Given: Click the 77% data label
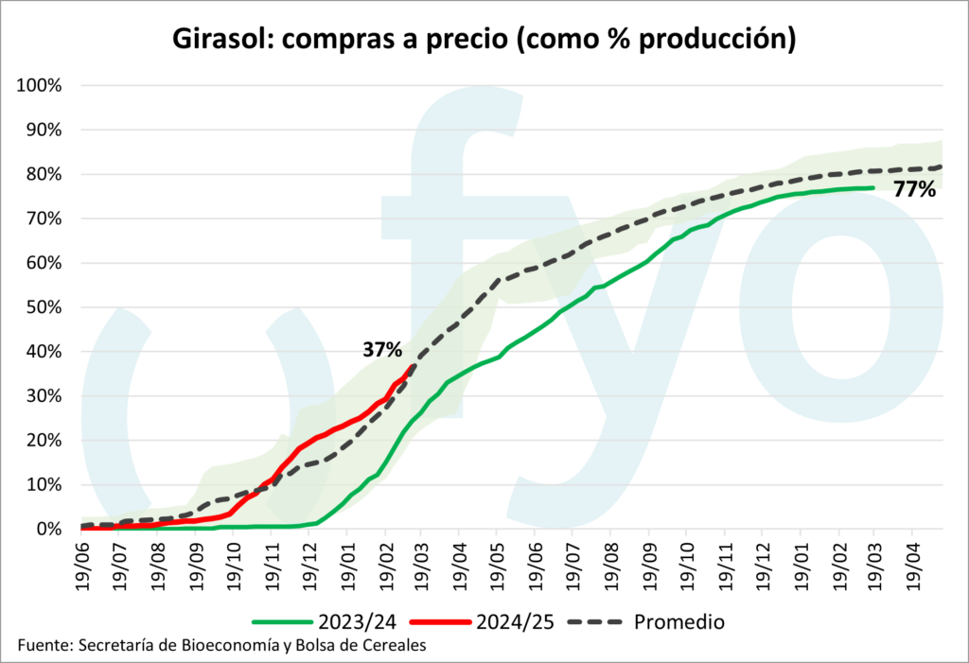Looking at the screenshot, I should click(x=914, y=189).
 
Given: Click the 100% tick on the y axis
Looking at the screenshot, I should click(x=39, y=85).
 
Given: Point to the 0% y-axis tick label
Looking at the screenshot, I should click(x=46, y=529).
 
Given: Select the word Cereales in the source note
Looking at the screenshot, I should click(x=392, y=646).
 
